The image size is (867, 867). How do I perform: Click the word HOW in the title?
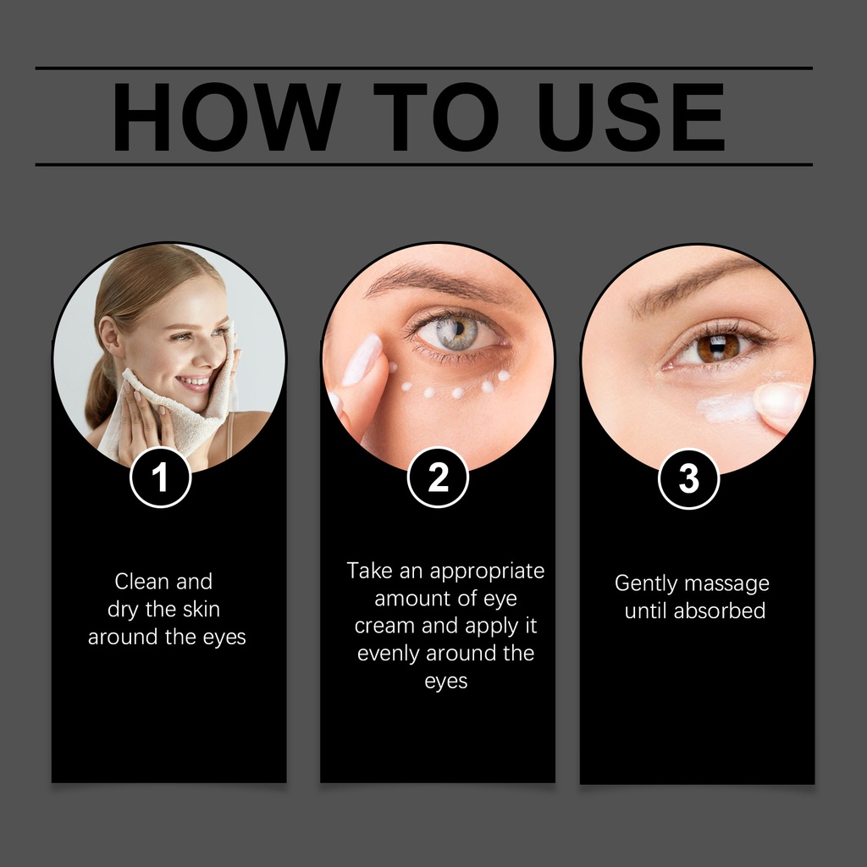225,117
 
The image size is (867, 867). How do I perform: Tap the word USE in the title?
630,117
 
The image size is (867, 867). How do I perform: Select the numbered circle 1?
160,478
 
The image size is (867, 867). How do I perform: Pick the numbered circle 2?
438,478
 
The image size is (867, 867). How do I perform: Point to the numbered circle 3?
689,479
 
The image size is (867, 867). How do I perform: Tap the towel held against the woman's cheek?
183,404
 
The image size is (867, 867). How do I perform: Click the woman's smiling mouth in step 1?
194,382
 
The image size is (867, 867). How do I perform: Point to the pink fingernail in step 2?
362,359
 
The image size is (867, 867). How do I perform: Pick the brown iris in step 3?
718,347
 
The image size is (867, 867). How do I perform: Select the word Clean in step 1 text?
142,581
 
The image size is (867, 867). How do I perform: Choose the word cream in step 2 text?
385,626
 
